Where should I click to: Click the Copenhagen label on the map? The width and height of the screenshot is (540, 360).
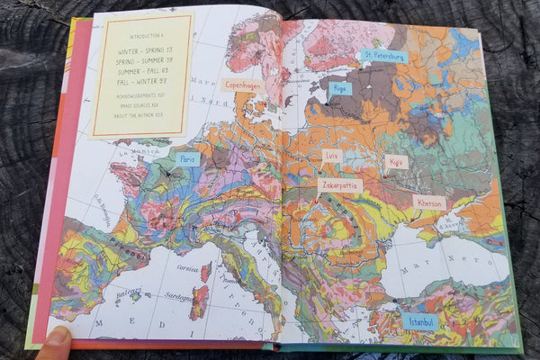point(243,85)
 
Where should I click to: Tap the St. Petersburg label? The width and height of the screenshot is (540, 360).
point(383,56)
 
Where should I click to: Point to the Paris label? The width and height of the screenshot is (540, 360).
point(188,158)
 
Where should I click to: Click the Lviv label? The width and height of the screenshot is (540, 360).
point(332,155)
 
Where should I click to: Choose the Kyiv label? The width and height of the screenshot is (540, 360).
point(396,162)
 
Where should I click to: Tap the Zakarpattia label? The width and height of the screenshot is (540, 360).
point(340,185)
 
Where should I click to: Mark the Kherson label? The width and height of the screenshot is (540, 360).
point(429,202)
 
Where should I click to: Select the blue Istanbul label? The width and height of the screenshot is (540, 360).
point(420,320)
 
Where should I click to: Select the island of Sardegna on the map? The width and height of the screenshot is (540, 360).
point(199,302)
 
